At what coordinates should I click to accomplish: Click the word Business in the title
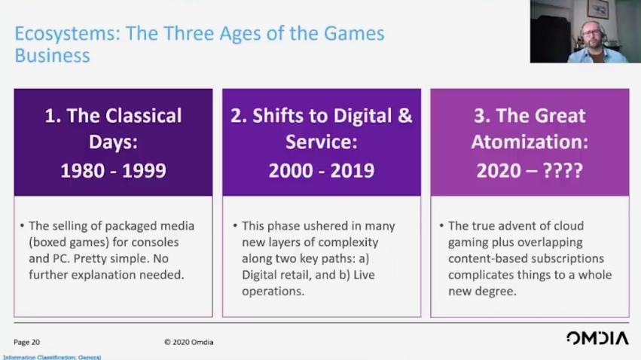point(52,56)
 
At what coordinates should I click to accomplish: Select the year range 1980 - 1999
point(113,170)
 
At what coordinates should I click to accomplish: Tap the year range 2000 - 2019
point(322,170)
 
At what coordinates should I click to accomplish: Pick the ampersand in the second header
point(404,116)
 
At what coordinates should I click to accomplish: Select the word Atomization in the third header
point(530,142)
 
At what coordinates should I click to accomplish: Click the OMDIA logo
point(597,338)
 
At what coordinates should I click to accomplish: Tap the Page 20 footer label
point(26,342)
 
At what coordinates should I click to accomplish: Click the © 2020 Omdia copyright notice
point(189,342)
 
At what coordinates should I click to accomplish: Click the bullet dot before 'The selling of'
point(22,225)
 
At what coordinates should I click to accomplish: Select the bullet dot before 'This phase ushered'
point(235,225)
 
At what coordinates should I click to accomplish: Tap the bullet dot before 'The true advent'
point(441,225)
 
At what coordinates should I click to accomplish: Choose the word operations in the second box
point(273,291)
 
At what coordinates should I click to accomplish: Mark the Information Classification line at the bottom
point(52,358)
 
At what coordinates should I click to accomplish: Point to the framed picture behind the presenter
point(597,9)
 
